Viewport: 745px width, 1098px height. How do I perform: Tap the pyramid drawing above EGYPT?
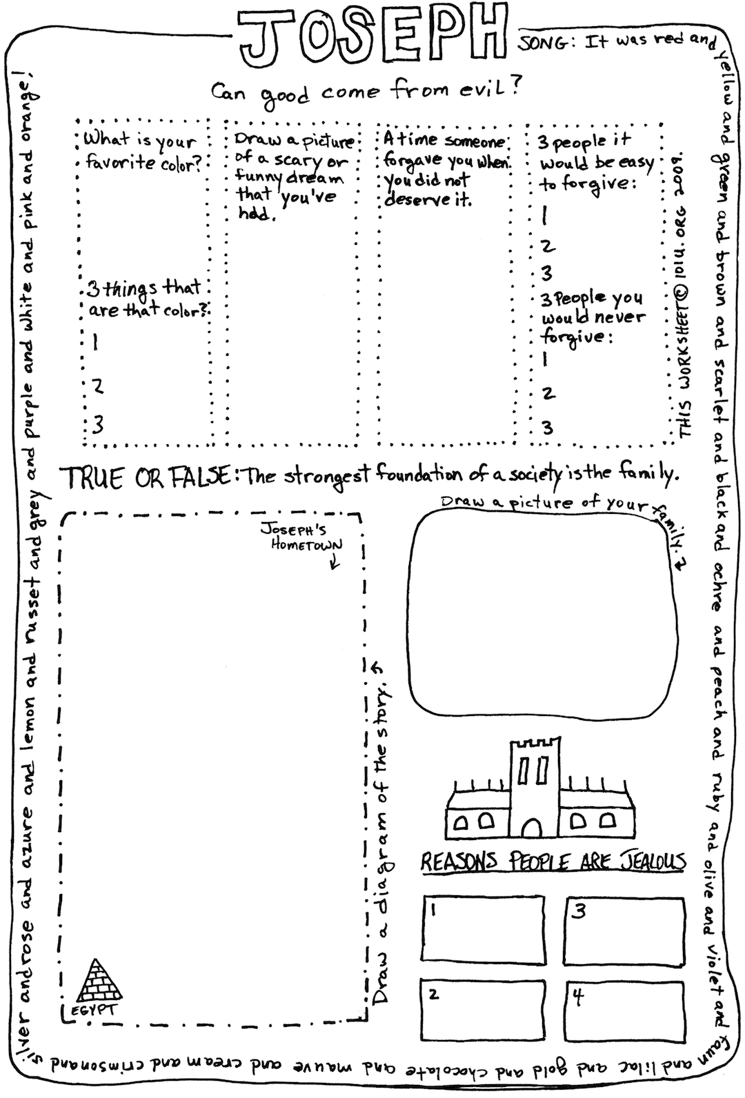click(99, 980)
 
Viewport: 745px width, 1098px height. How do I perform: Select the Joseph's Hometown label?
click(301, 537)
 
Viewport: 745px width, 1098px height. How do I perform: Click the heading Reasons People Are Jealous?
click(553, 862)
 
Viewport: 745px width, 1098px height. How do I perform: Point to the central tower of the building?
click(535, 788)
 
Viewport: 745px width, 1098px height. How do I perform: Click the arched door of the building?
click(532, 828)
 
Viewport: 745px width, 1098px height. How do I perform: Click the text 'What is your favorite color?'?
click(141, 152)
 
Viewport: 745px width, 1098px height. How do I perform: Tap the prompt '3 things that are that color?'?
click(146, 299)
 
